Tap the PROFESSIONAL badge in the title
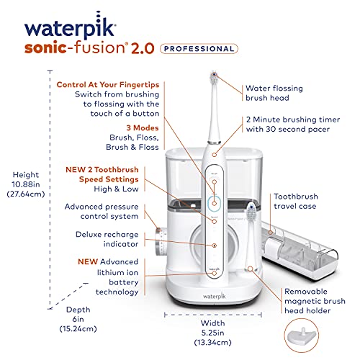point(199,48)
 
